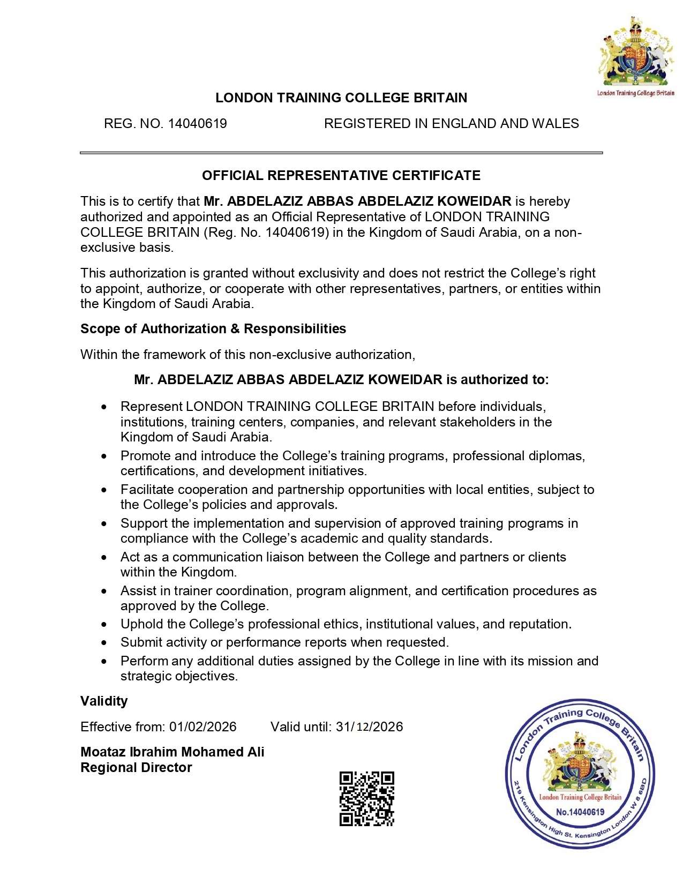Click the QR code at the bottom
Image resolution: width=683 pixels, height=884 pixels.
click(367, 798)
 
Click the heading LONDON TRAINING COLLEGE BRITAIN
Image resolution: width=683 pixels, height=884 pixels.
click(341, 98)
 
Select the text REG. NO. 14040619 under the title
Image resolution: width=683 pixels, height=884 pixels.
click(165, 124)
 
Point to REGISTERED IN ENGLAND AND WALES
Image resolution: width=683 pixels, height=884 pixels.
click(451, 124)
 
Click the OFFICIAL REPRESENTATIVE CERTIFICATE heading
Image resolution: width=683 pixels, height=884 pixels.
click(341, 175)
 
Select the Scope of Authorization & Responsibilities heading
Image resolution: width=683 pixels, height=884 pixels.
click(213, 328)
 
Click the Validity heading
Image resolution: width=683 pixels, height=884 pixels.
click(104, 701)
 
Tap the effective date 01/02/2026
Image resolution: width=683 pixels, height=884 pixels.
click(203, 727)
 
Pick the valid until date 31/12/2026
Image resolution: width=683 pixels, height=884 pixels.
click(370, 727)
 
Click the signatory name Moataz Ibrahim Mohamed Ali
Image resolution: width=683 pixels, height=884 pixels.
click(172, 752)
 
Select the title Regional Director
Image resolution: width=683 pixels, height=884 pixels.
click(136, 767)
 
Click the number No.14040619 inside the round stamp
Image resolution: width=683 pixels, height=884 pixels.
click(580, 812)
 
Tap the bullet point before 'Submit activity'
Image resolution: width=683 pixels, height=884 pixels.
click(104, 643)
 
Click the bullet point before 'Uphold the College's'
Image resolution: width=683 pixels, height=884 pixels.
click(104, 625)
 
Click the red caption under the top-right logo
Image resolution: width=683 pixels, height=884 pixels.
click(635, 93)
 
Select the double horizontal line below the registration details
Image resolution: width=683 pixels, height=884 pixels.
click(341, 153)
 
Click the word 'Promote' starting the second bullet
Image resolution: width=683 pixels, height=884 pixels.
click(143, 456)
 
